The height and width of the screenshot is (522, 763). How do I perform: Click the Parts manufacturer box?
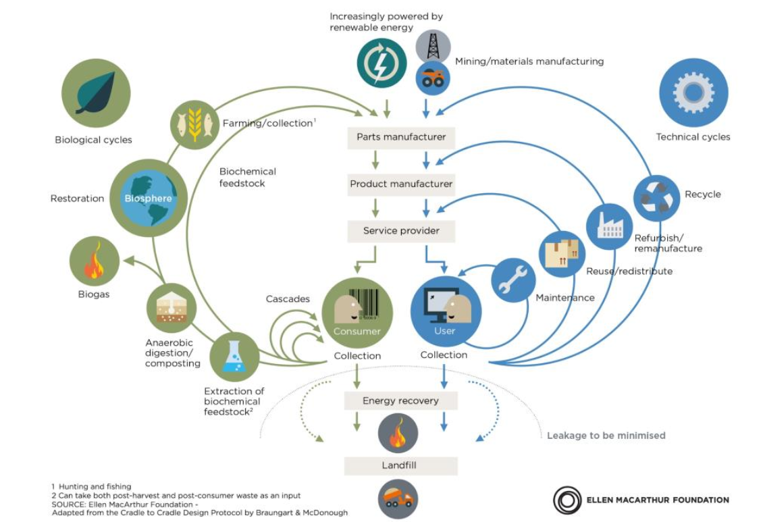[401, 137]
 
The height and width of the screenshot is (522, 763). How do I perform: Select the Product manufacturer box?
[401, 184]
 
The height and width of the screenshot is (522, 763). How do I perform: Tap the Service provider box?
[401, 231]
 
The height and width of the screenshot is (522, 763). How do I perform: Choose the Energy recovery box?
[400, 400]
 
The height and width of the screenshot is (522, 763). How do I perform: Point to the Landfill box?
[400, 466]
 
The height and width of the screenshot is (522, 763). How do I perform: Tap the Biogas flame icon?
[95, 261]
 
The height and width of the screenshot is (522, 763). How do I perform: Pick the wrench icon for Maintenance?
[512, 280]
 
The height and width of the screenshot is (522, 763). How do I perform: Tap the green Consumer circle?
[357, 313]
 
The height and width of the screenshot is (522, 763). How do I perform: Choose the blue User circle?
[446, 313]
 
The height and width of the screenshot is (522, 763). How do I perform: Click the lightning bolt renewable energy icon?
[381, 63]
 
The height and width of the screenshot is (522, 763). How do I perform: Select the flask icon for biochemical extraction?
[234, 356]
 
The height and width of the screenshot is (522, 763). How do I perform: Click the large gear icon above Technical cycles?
[693, 93]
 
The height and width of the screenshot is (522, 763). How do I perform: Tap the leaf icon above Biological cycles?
[95, 93]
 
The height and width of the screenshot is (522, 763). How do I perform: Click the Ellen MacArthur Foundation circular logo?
[567, 500]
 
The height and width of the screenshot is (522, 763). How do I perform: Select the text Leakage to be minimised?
[606, 436]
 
